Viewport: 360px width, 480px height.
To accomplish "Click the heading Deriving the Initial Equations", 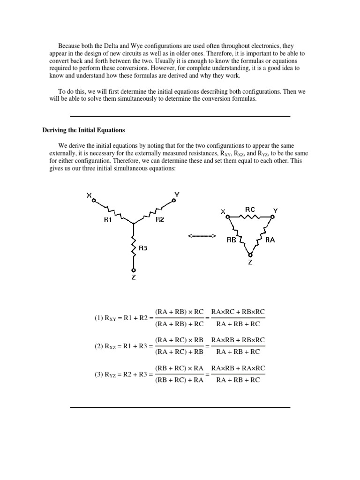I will tap(84, 130).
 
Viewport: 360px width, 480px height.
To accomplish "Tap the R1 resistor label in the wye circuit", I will tap(108, 220).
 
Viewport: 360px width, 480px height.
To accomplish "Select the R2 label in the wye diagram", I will tap(159, 220).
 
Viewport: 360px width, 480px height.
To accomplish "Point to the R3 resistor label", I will tap(143, 248).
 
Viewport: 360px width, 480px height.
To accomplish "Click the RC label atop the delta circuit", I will tap(250, 209).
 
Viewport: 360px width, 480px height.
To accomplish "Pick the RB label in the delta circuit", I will tap(231, 240).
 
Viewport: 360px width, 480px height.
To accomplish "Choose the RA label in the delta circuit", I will tap(270, 240).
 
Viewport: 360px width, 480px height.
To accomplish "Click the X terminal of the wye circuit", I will tap(94, 201).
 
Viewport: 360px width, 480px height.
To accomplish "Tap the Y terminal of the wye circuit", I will tap(174, 200).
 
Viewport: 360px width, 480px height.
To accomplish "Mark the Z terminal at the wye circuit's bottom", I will tap(134, 270).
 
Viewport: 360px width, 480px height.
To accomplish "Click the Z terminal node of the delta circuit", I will tap(250, 255).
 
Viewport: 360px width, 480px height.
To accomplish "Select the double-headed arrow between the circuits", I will tap(202, 236).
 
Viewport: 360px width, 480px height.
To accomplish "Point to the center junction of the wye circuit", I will tap(134, 223).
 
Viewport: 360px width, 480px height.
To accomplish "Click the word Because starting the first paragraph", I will tap(69, 46).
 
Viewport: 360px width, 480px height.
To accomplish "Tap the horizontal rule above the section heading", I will tap(180, 116).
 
